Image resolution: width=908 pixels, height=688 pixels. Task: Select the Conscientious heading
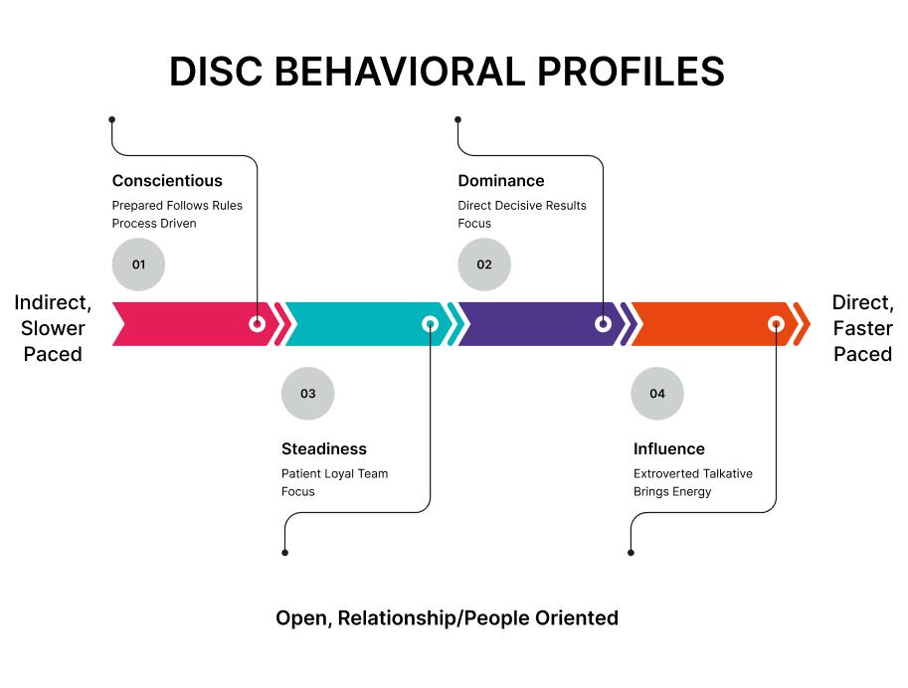167,181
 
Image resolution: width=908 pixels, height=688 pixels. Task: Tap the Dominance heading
500,181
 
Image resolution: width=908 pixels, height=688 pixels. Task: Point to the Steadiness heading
323,449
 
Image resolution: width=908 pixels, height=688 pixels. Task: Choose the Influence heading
668,449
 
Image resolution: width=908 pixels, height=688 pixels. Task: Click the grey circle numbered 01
138,264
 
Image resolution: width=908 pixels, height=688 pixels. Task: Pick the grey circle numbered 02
484,264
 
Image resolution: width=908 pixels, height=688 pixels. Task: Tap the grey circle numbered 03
308,394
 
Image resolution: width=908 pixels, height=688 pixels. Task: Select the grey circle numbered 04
657,394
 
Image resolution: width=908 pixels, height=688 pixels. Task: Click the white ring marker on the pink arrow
258,323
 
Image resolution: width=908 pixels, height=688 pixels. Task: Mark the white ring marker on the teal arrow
431,323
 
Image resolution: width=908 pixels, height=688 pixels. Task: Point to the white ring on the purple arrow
603,323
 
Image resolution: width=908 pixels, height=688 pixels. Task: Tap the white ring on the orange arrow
776,323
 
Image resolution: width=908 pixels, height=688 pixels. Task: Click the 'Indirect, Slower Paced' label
53,328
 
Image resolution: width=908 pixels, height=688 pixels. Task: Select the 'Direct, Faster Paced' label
862,328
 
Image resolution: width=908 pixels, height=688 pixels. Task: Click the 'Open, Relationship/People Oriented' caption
447,618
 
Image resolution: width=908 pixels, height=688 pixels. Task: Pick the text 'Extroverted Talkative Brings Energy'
692,482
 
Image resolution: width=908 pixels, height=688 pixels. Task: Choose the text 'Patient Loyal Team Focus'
334,482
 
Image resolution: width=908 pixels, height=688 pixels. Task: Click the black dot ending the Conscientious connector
112,119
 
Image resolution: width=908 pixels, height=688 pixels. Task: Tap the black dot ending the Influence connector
632,552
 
